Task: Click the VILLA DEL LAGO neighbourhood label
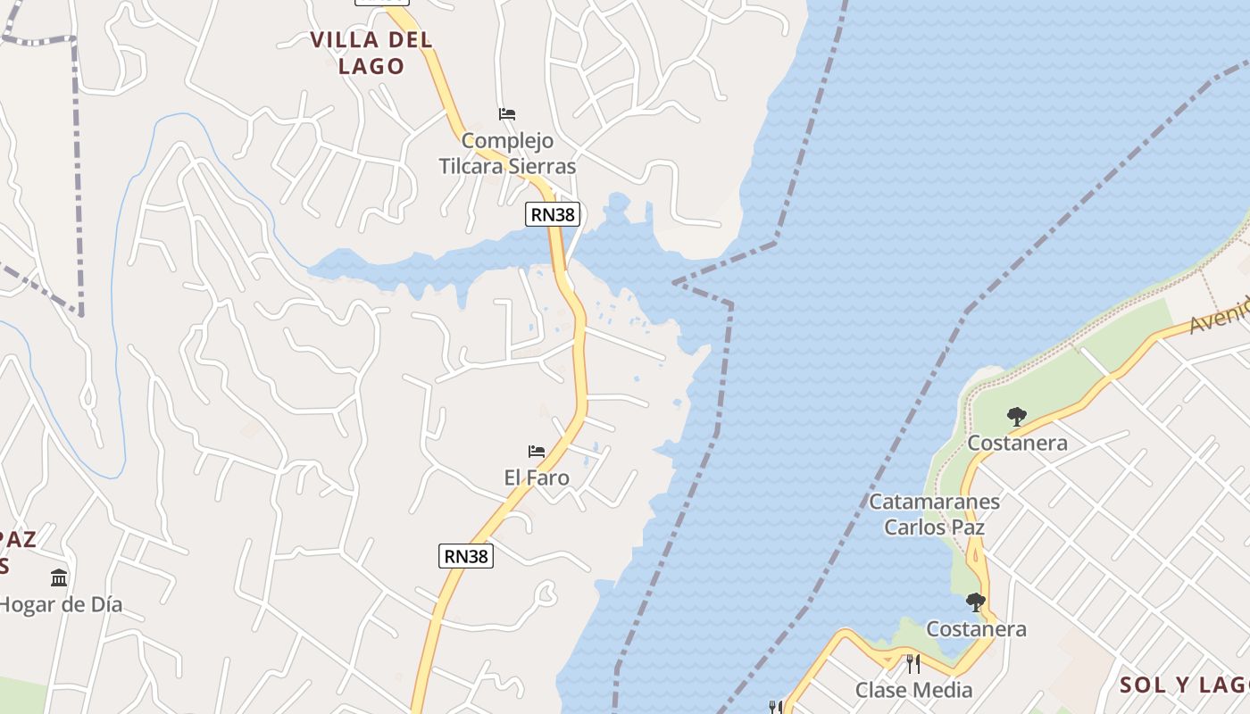(371, 52)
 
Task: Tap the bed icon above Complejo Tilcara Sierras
(507, 114)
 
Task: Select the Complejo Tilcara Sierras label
(507, 154)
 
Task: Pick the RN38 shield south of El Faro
(466, 556)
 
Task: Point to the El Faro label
(537, 477)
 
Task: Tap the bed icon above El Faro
(537, 452)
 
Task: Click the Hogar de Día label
(61, 604)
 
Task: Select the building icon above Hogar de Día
(59, 578)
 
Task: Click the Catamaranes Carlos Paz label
(934, 514)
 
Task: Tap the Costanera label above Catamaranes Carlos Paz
(1017, 443)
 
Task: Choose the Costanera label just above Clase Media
(976, 629)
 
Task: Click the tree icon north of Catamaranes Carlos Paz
(1016, 416)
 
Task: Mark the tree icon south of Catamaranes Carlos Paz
(976, 602)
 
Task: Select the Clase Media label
(913, 690)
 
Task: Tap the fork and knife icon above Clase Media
(912, 664)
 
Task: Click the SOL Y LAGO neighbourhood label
(1184, 685)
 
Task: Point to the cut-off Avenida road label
(1221, 316)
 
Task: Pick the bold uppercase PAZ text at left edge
(18, 539)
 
